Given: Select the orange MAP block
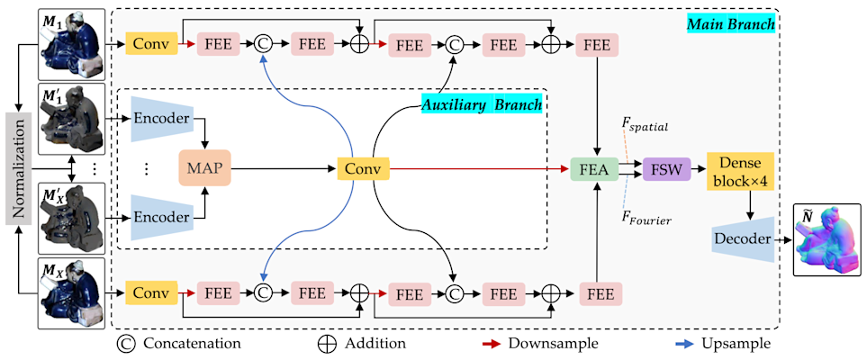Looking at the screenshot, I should coord(206,167).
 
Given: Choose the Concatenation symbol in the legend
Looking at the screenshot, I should coord(127,344).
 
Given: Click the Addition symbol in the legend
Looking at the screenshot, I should coord(329,344).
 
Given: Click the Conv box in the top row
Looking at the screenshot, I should coord(151,42).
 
